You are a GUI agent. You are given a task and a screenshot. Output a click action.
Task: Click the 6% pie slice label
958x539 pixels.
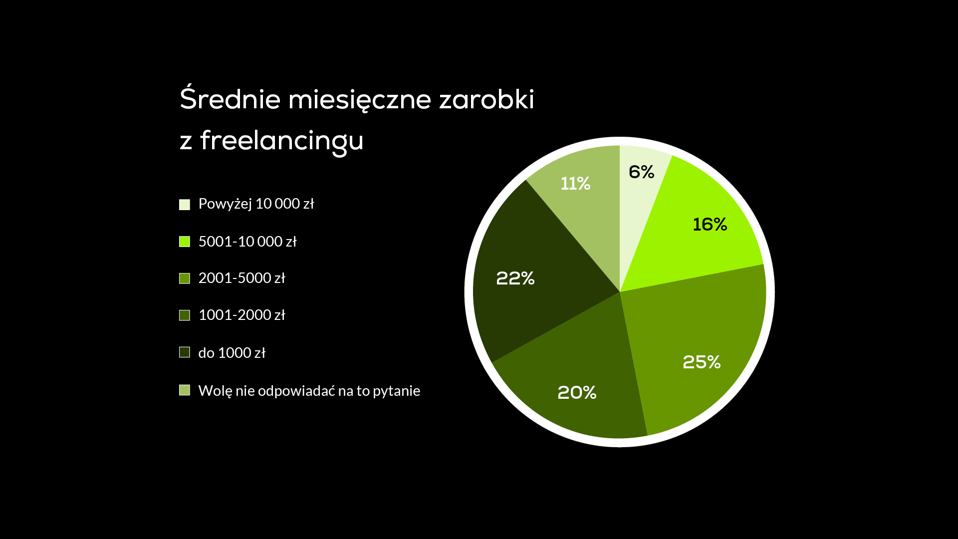tap(641, 172)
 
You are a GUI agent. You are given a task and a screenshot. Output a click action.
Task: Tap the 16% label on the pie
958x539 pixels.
tap(710, 224)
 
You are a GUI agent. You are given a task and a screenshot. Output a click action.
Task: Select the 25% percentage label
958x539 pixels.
tap(702, 362)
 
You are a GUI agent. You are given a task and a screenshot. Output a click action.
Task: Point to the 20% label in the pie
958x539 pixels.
tap(577, 392)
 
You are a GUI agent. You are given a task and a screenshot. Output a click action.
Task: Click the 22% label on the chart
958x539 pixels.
tap(515, 278)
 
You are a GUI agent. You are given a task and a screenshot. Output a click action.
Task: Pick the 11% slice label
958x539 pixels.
tap(575, 183)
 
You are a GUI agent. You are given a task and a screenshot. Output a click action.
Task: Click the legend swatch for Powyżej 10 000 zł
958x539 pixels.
tap(185, 204)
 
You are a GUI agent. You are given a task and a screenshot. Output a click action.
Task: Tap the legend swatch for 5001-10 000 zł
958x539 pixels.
tap(185, 242)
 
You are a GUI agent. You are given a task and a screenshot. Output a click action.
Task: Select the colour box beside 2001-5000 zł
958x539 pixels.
tap(185, 278)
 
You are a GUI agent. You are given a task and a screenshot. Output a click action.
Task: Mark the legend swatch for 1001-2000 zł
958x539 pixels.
tap(185, 315)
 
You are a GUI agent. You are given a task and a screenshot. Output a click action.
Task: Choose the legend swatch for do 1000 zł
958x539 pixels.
tap(185, 352)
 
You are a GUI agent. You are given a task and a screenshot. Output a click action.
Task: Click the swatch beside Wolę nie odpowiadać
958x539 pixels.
tap(185, 390)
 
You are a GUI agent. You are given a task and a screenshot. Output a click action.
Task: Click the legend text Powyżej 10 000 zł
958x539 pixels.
tap(256, 204)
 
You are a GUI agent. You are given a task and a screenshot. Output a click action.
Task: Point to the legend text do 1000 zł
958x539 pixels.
tap(232, 353)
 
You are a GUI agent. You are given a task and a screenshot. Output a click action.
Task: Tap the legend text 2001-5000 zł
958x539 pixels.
tap(241, 278)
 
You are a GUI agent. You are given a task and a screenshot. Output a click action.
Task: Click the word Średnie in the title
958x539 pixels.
tap(231, 98)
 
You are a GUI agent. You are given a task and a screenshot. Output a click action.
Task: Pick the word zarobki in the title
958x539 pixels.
tap(486, 99)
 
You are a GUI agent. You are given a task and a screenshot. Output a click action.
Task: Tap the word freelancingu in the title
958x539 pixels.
tap(282, 140)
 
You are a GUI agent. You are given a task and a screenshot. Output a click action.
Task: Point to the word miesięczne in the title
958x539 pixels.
tap(360, 100)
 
